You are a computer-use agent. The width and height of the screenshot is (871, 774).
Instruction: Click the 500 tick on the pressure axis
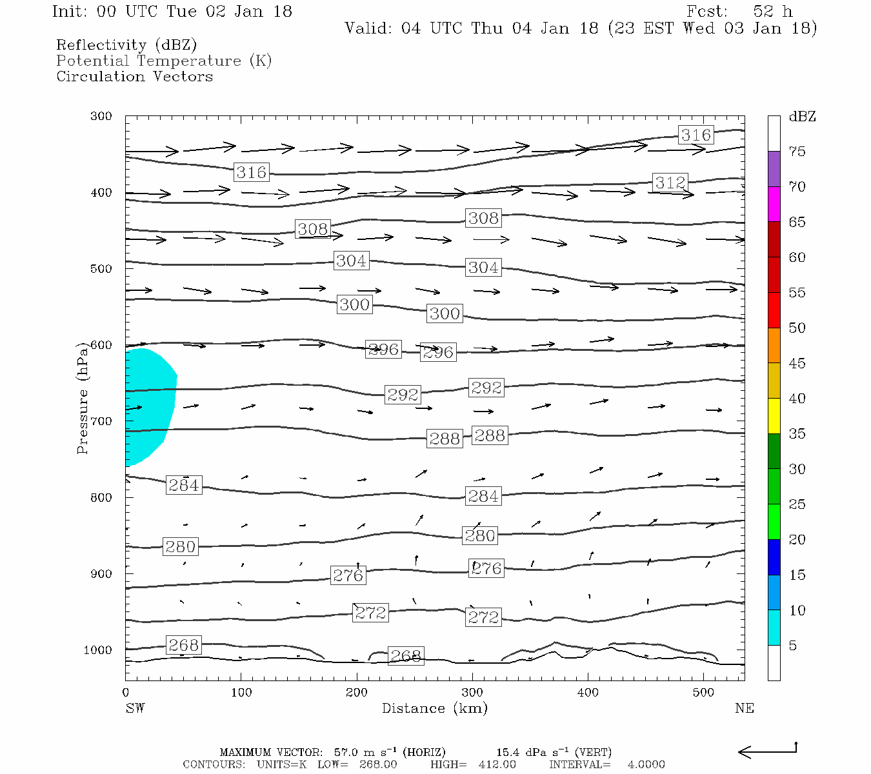(x=101, y=269)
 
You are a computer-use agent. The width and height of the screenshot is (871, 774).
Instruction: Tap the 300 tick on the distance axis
(x=472, y=693)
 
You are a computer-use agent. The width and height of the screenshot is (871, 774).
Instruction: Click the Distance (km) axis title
(x=434, y=708)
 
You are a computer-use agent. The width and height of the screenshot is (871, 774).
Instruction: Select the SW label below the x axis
(x=135, y=708)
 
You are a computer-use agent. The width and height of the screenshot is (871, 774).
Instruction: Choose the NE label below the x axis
(x=744, y=708)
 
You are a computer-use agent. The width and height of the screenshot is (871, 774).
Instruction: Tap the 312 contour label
(x=670, y=183)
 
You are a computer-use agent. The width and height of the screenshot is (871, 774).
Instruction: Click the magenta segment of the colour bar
(x=774, y=204)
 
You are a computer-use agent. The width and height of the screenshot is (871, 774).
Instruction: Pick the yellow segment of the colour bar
(x=774, y=416)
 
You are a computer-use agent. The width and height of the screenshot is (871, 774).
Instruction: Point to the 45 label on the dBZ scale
(x=797, y=363)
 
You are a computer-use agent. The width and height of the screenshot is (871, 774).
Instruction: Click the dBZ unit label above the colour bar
(x=802, y=117)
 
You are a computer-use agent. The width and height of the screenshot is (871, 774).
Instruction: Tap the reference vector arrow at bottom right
(x=767, y=751)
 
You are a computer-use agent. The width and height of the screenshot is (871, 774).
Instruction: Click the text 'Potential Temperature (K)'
(x=164, y=61)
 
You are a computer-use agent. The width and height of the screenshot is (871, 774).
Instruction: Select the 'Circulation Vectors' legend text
(x=134, y=76)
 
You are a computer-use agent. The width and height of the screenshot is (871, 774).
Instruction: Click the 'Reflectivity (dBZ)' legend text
(x=126, y=45)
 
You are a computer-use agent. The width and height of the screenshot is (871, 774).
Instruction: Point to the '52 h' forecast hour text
(x=772, y=12)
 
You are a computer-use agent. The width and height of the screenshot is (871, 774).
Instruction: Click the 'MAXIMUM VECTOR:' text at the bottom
(x=270, y=752)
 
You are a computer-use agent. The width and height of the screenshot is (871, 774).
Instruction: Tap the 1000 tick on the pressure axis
(x=97, y=650)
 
